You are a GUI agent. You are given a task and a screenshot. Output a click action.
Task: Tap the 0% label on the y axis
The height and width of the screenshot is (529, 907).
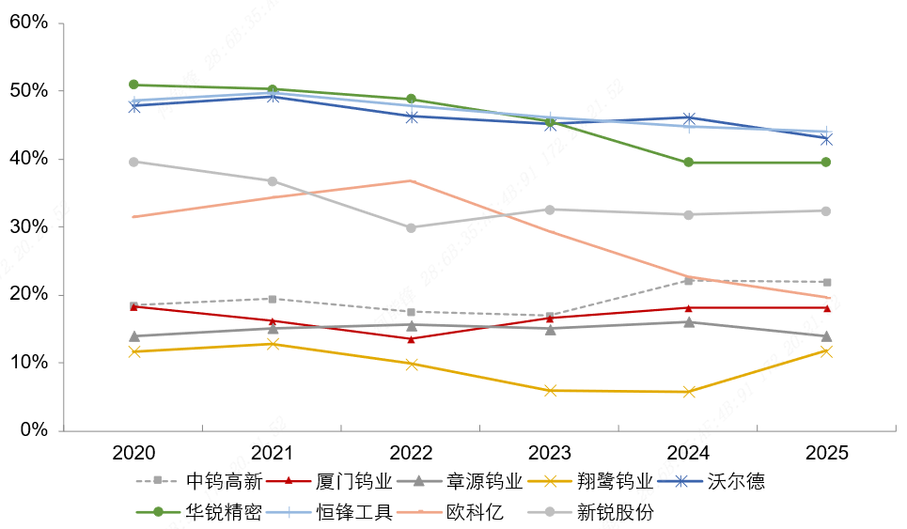tap(33, 430)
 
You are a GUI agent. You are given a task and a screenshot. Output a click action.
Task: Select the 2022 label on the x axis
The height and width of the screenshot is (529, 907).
tap(412, 453)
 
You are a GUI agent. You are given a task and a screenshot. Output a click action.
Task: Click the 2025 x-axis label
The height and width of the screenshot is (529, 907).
tap(826, 453)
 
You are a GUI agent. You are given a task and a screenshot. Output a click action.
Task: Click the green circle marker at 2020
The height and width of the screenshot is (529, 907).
tap(133, 85)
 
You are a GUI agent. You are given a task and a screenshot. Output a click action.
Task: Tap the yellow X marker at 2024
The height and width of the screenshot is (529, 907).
tap(688, 392)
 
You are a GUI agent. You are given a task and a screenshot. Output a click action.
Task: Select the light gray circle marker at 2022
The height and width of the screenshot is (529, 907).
tap(411, 227)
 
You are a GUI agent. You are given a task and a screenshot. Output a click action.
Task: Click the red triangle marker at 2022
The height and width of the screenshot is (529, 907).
tap(411, 339)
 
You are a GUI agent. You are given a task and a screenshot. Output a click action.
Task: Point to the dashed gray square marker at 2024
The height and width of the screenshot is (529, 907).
tap(688, 281)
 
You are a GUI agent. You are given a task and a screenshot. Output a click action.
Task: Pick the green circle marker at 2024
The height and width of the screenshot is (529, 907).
tap(688, 163)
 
